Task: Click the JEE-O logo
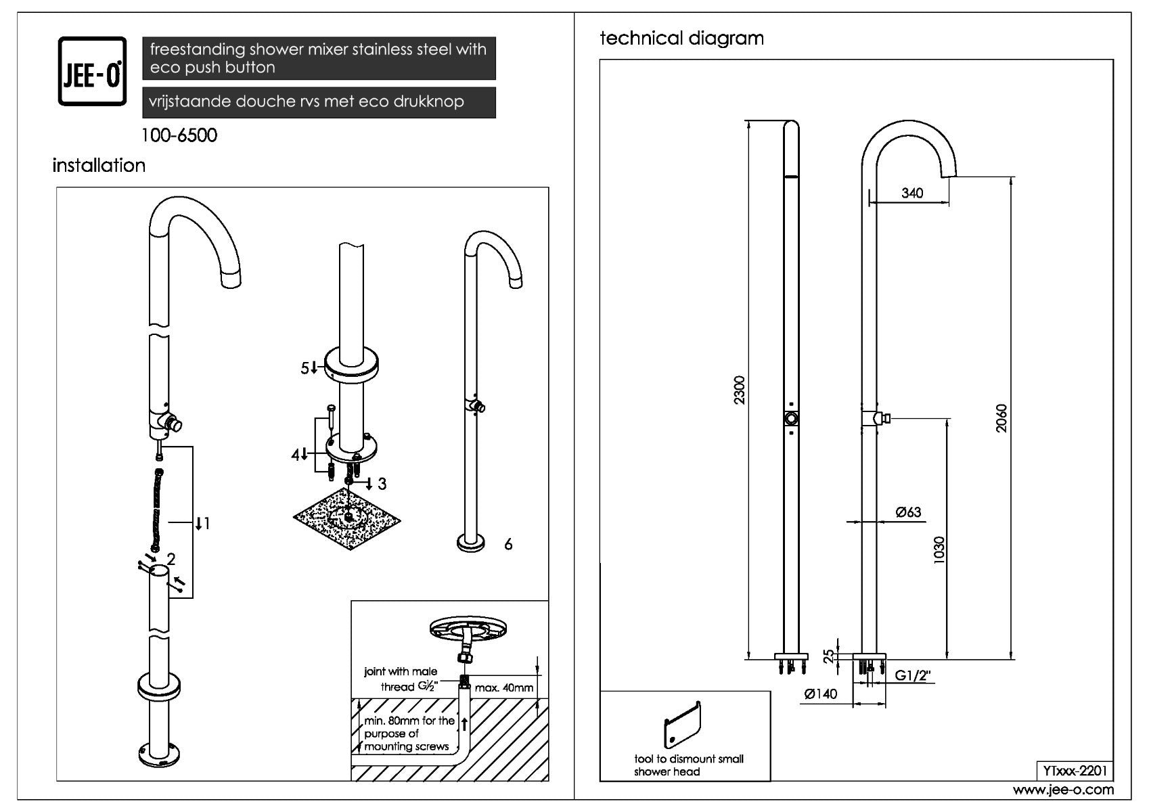coord(92,71)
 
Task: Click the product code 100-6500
coord(179,135)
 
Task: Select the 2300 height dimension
coord(740,390)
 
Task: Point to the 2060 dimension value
coord(1002,418)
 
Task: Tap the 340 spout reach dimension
coord(912,193)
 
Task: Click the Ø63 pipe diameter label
coord(908,512)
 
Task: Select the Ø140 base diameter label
coord(821,694)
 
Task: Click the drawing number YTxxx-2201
coord(1075,771)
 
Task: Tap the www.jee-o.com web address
coord(1062,790)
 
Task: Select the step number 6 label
coord(508,544)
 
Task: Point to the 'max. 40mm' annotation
coord(504,688)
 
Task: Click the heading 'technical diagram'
coord(681,38)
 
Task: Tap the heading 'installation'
coord(99,165)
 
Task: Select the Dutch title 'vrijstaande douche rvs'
coord(307,102)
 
